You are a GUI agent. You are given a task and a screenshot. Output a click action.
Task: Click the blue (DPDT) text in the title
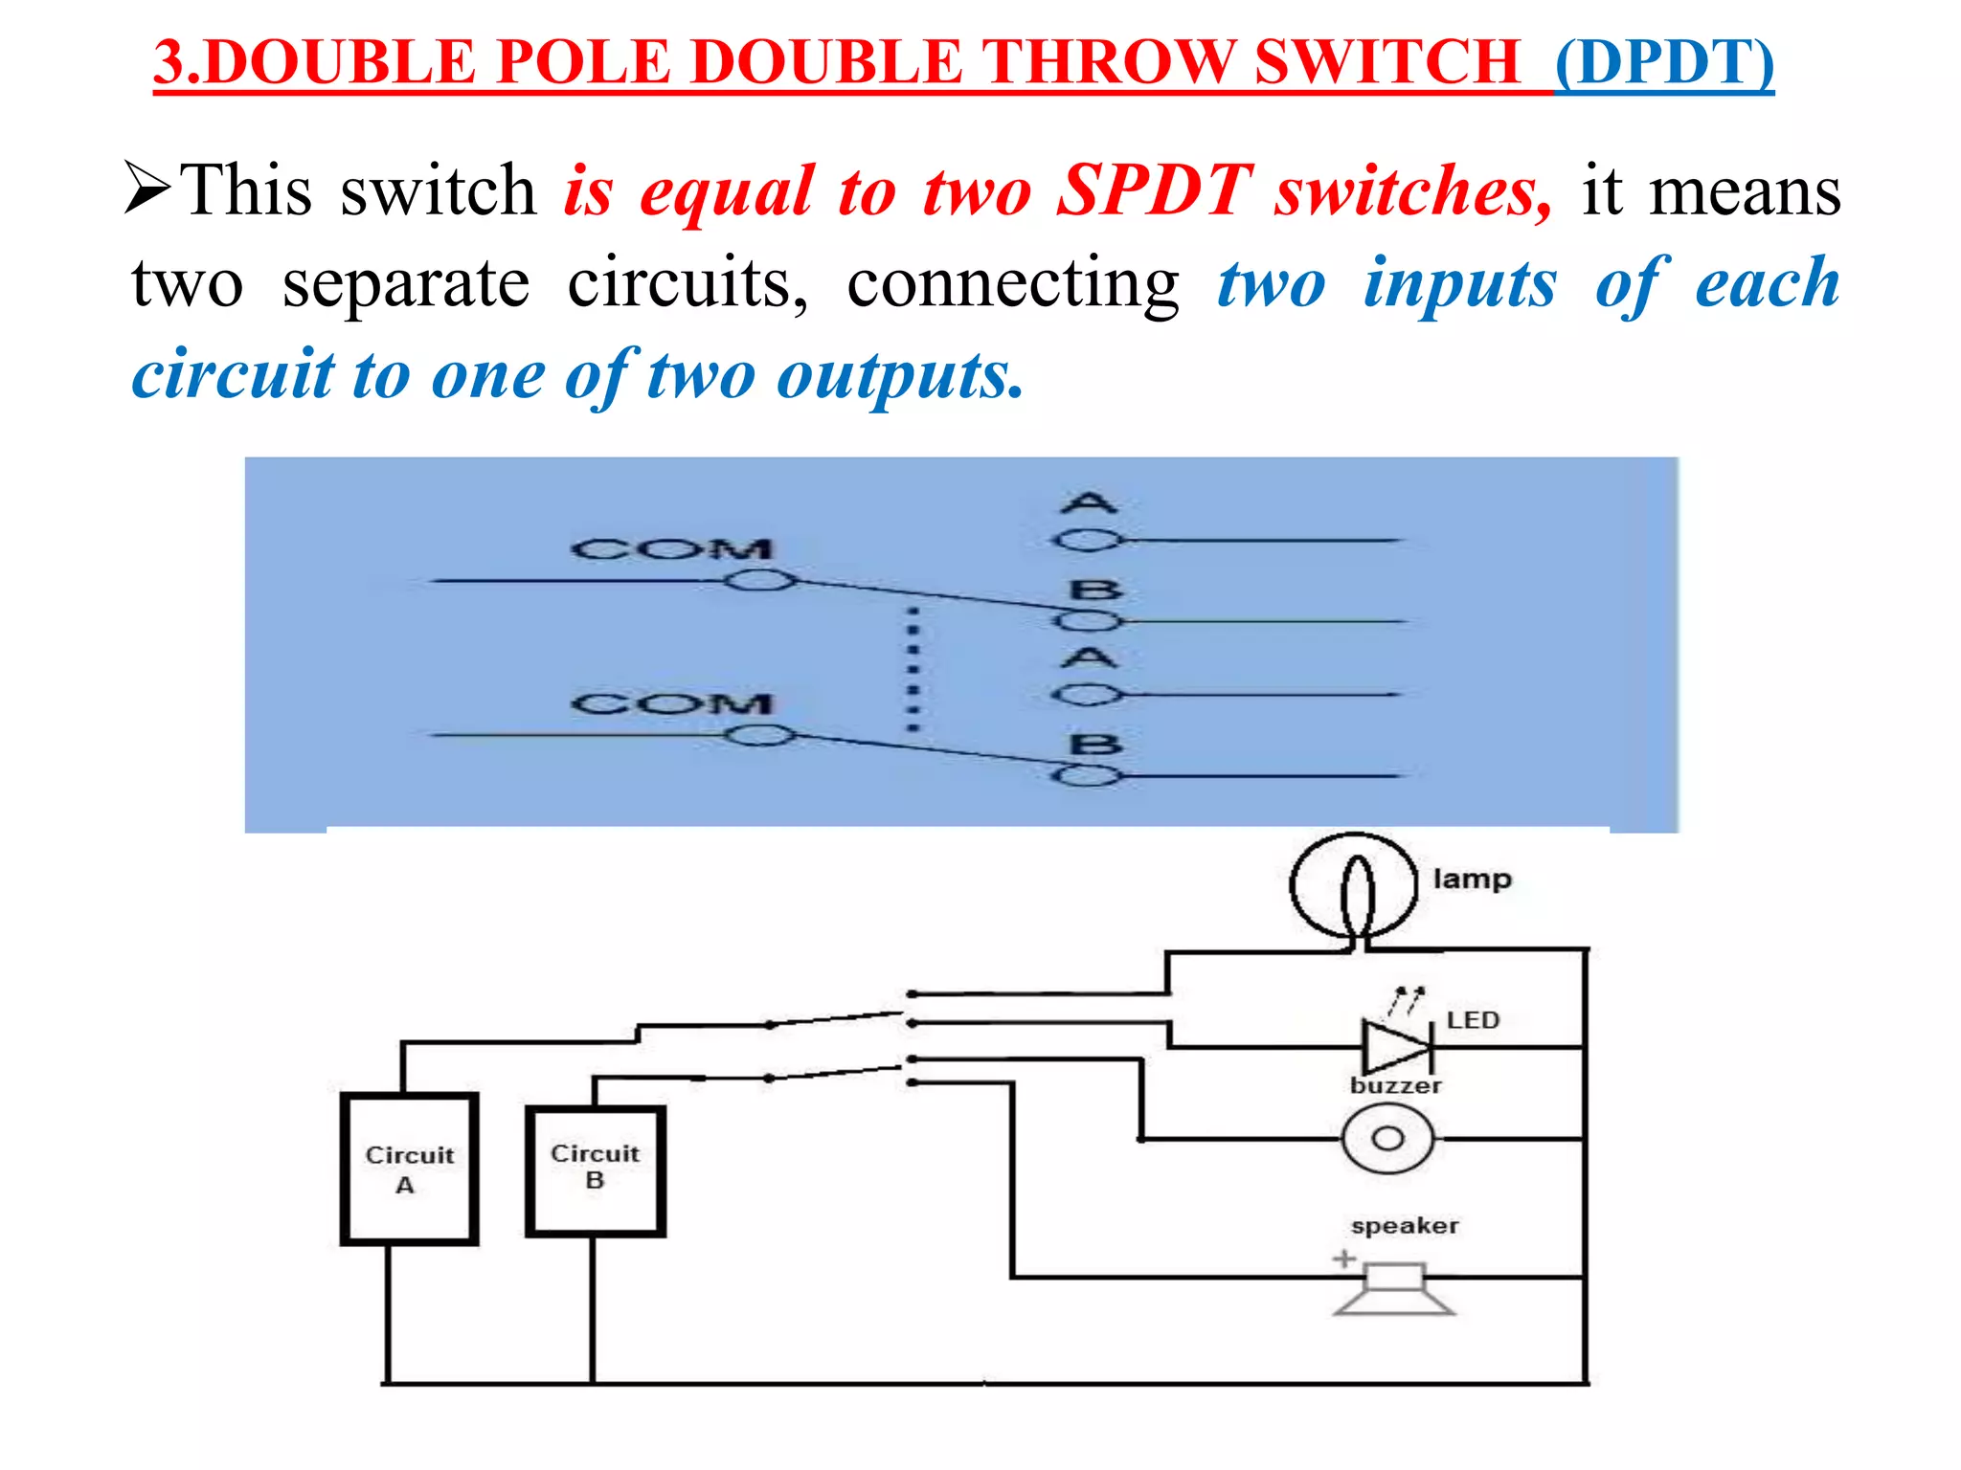point(1664,62)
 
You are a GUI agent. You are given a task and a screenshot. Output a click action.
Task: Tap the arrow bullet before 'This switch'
point(148,188)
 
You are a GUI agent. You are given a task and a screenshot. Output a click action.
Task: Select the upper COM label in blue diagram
point(671,548)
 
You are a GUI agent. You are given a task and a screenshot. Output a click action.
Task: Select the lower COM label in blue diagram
point(671,703)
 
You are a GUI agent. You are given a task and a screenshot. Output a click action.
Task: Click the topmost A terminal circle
point(1087,541)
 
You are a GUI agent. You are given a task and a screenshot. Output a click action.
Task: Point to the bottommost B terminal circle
point(1087,775)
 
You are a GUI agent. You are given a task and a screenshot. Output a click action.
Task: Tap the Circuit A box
point(409,1169)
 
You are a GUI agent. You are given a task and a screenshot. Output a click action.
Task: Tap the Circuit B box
point(595,1171)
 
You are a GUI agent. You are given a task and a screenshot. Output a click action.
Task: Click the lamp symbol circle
point(1353,886)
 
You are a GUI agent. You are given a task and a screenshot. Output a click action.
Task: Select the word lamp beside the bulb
point(1472,879)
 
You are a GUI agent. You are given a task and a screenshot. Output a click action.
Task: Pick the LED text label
point(1473,1020)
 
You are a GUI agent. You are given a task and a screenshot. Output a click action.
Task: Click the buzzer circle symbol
point(1387,1139)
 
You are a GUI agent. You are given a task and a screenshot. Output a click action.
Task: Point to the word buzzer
point(1395,1085)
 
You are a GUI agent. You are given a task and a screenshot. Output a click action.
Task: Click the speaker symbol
point(1393,1289)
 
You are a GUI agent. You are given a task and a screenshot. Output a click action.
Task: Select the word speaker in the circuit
point(1405,1226)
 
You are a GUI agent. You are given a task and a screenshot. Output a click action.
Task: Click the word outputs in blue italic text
point(899,375)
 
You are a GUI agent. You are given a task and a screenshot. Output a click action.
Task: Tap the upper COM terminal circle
point(759,581)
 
